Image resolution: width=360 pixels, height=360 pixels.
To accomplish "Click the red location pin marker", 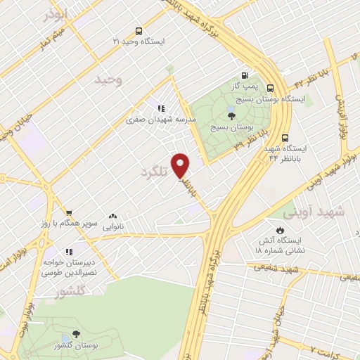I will (x=181, y=165).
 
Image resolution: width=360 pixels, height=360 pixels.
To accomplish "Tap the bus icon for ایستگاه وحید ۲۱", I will (x=139, y=31).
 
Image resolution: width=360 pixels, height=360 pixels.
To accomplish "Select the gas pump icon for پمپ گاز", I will (x=244, y=75).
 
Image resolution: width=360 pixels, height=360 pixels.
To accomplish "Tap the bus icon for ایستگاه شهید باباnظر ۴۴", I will (x=285, y=139).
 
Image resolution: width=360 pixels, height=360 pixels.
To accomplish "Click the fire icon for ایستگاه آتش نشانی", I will (x=279, y=230).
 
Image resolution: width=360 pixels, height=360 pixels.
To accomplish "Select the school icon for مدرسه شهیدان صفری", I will (x=161, y=109).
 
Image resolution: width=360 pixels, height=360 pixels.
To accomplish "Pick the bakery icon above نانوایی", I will (x=112, y=217).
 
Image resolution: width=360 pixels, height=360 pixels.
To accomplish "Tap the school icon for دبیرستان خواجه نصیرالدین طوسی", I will (x=69, y=251).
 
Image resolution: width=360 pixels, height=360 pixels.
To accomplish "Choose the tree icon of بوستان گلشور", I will (x=76, y=334).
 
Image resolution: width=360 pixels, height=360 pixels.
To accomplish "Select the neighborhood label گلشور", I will (x=70, y=290).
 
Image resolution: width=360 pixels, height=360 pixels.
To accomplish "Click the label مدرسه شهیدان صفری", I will (x=160, y=120).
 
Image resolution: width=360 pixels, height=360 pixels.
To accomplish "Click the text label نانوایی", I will (x=112, y=227).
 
